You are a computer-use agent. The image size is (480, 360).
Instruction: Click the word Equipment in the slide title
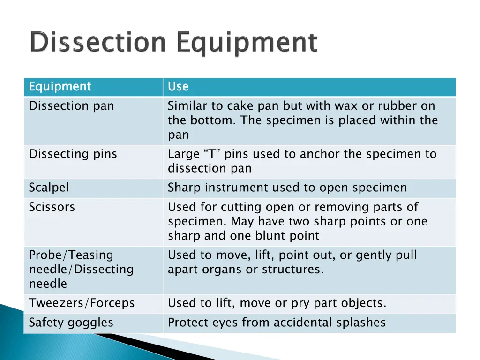(247, 44)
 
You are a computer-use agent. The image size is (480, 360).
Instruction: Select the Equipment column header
(60, 87)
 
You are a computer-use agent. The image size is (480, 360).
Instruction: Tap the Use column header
(178, 87)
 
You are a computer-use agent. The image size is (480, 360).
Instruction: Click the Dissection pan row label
(71, 106)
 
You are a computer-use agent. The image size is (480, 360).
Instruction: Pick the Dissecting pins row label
(73, 154)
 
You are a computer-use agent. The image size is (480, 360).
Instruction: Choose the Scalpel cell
(49, 187)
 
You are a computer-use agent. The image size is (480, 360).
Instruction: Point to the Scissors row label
(52, 207)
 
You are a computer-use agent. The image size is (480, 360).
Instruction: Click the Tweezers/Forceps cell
(82, 303)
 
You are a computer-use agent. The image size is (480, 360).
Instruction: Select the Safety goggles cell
(71, 322)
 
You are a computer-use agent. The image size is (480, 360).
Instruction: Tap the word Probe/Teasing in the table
(71, 255)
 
